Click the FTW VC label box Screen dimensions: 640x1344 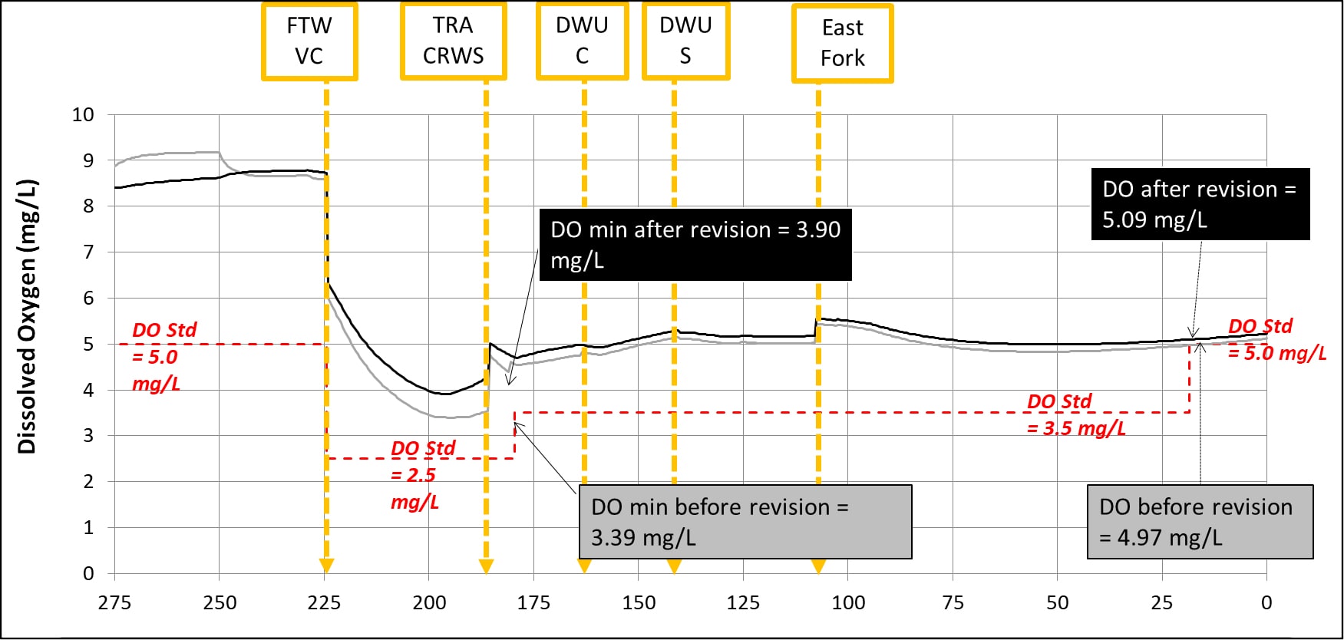[309, 41]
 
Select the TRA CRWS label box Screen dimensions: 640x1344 [453, 41]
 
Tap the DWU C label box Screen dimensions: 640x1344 [582, 41]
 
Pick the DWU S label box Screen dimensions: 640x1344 [685, 41]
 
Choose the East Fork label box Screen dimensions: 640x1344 [842, 44]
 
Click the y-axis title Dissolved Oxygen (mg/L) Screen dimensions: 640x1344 [27, 317]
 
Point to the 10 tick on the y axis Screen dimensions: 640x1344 [83, 115]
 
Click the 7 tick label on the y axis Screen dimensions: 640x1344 [88, 252]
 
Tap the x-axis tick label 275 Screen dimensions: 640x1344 [114, 603]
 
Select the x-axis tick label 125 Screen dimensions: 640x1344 [743, 603]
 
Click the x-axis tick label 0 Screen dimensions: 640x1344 [1266, 603]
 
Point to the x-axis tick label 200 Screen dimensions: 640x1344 [429, 603]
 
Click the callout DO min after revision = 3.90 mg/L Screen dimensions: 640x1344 [695, 245]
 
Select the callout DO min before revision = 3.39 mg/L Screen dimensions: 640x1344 [745, 522]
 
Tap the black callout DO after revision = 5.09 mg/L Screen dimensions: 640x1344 [1200, 204]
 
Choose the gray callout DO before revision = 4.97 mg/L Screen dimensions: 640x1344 [1200, 522]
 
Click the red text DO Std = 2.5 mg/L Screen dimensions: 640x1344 [422, 475]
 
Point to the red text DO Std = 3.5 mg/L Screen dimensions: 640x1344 [1076, 415]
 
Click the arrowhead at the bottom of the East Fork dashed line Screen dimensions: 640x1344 [818, 566]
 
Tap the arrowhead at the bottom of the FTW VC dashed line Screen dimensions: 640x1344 [326, 566]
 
